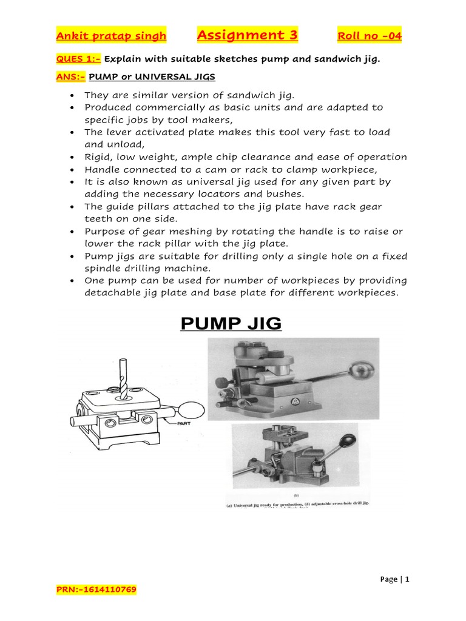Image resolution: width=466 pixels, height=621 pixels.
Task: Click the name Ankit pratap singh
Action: point(111,36)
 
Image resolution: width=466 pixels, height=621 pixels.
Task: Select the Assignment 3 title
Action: point(248,35)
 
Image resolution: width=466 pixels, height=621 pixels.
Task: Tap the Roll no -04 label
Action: point(370,36)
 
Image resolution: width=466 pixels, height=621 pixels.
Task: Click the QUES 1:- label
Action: point(71,59)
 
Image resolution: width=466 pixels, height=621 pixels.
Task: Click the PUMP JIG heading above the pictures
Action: point(231,323)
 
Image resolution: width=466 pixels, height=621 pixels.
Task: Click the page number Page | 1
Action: point(394,579)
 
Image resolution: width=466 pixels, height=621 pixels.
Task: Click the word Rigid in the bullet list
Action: point(98,157)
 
